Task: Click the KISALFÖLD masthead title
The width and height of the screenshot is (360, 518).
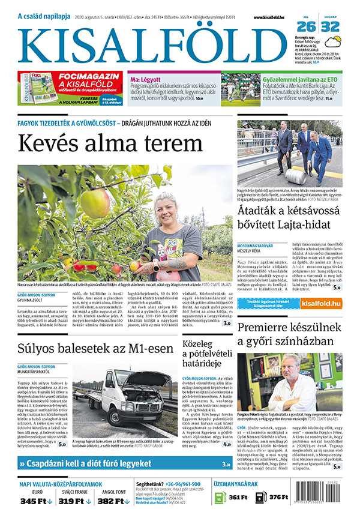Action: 150,45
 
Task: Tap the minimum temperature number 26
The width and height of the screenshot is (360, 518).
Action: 307,26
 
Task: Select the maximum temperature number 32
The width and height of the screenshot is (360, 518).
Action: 330,26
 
